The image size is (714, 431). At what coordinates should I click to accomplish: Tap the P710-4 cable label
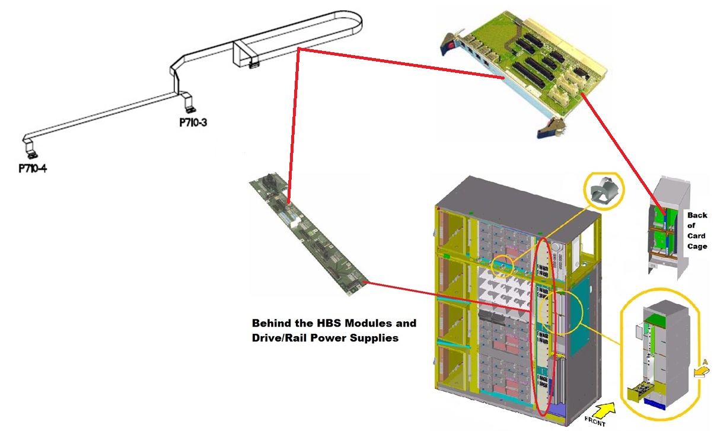33,168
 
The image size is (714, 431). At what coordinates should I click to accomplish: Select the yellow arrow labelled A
702,371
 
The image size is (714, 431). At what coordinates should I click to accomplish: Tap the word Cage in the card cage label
697,246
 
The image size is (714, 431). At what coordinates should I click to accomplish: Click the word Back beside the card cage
697,216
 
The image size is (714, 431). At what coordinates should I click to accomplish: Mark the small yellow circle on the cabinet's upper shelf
503,266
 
